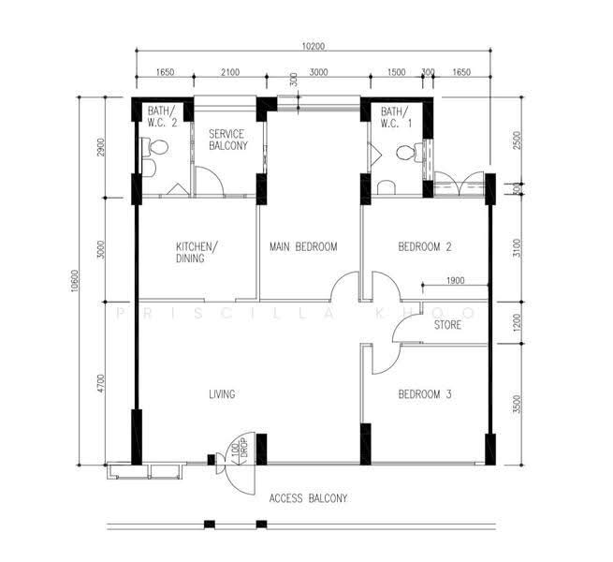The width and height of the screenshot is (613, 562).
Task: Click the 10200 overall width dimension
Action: pos(314,46)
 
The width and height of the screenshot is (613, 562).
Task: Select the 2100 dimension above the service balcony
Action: pos(230,72)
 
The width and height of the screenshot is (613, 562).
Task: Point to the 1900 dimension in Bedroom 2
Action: pos(455,280)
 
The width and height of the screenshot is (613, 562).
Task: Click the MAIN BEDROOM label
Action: pos(303,247)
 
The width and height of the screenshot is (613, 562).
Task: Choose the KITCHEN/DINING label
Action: pos(197,252)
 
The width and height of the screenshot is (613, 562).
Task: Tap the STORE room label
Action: pos(447,325)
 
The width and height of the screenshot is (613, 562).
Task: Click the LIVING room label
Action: pos(222,394)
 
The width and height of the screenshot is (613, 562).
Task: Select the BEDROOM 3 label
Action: pos(425,394)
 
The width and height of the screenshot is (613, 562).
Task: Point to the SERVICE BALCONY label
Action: pos(228,140)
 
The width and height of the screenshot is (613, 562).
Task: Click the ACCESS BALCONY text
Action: pos(308,498)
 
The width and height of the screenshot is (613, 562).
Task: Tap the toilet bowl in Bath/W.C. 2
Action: pos(155,148)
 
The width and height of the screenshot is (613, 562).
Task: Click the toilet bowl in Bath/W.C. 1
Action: pos(409,153)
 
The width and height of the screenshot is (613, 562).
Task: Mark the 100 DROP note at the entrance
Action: pos(240,448)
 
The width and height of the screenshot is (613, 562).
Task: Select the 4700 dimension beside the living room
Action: pos(101,383)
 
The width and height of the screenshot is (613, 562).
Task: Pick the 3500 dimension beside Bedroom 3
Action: pos(517,404)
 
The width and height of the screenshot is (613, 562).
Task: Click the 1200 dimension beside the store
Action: pos(517,322)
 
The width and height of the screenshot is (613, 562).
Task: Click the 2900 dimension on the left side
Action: pos(101,147)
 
